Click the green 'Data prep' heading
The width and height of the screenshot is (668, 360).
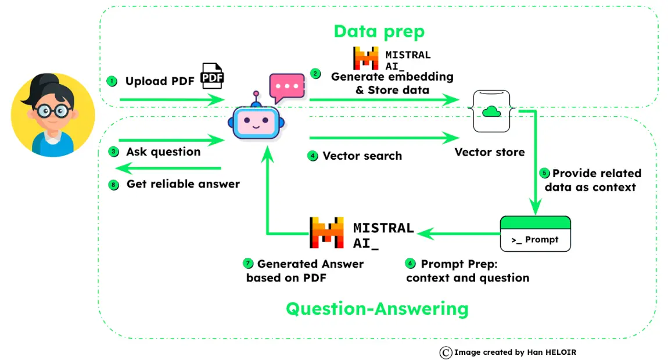pos(379,31)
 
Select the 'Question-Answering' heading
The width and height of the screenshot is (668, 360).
pos(377,308)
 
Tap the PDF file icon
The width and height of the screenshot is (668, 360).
pos(212,75)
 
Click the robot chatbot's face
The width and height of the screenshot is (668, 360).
pos(253,122)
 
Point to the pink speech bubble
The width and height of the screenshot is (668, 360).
pos(286,87)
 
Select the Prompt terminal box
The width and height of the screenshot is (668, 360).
pos(535,233)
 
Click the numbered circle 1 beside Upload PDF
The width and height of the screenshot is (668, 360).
pos(112,81)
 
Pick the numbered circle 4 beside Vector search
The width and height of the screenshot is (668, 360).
pos(313,156)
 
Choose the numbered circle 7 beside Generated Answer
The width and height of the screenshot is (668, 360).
pos(248,264)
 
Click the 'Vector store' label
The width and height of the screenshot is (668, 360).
pos(489,152)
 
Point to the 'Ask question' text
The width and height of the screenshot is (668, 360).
pos(163,152)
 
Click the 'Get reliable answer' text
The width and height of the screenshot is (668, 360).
pos(183,184)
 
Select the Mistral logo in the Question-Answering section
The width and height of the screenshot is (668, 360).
pos(327,233)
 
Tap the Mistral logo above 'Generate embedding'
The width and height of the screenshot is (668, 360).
pos(366,59)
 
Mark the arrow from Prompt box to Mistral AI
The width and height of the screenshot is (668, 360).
pos(459,233)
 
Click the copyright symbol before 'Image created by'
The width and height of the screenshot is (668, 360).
pos(446,352)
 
